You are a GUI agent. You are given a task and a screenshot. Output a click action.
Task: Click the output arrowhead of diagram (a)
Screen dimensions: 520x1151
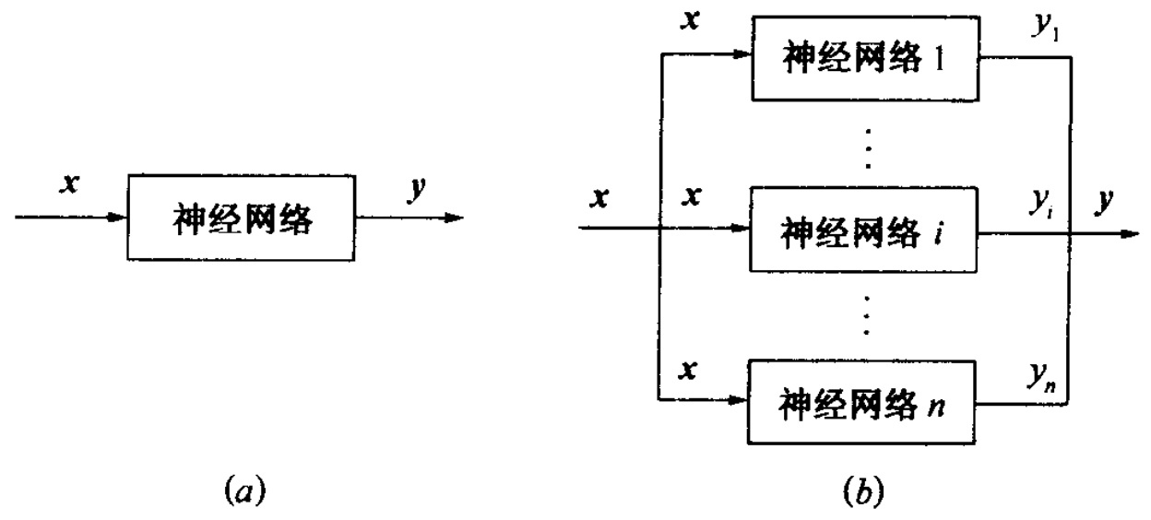pos(453,218)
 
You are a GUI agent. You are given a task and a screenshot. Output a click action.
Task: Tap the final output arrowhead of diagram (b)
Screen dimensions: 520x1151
pos(1130,232)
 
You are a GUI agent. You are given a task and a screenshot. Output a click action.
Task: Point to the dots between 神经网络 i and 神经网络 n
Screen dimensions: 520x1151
pos(866,315)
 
